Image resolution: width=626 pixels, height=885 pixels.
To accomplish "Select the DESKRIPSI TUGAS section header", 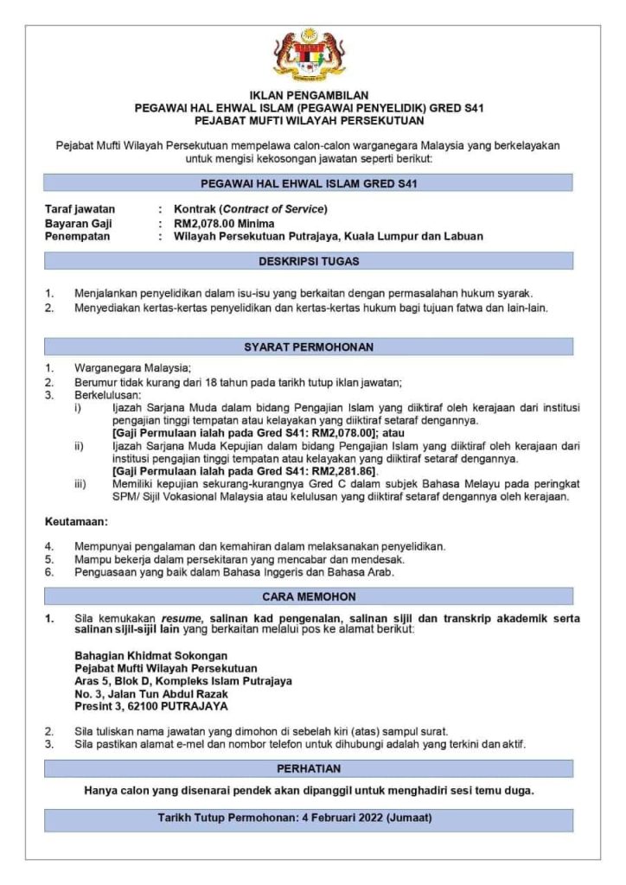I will coord(309,260).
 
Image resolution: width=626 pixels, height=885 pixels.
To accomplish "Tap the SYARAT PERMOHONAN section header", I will coord(309,347).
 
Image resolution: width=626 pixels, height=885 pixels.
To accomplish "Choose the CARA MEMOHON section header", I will coord(309,596).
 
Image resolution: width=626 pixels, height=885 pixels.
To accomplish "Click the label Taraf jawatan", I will coord(80,209).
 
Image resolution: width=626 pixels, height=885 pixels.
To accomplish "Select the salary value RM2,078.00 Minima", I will coord(224,223).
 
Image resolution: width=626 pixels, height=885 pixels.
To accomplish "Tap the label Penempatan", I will coord(79,236).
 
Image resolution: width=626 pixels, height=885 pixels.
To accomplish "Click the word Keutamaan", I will coord(76,523).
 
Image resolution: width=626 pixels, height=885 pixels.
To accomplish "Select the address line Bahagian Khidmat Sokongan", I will coord(150,655).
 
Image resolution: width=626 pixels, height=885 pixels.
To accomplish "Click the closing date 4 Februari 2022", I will coord(337,817).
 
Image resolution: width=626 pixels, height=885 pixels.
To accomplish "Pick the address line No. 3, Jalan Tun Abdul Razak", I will coord(151,694).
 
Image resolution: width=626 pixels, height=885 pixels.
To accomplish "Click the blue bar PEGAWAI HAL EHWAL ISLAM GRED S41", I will coord(309,183).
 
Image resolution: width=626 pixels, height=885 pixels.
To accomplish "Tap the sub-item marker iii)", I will coord(80,485).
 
